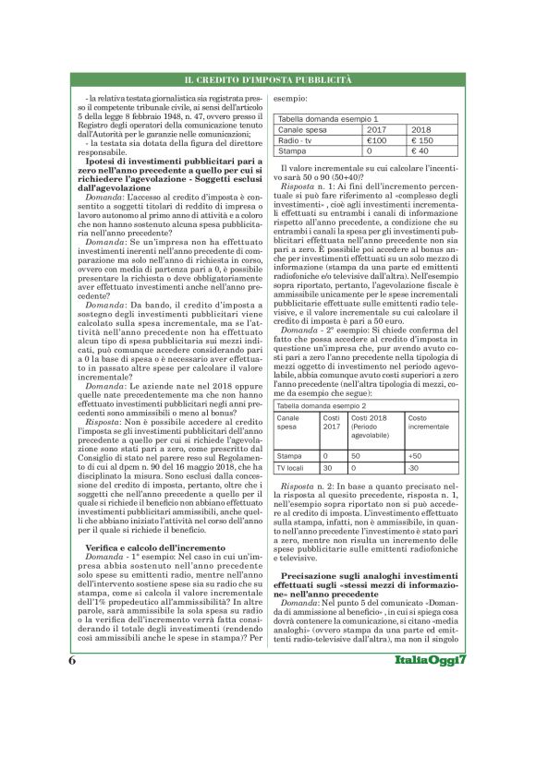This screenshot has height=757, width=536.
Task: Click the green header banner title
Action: click(267, 82)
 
